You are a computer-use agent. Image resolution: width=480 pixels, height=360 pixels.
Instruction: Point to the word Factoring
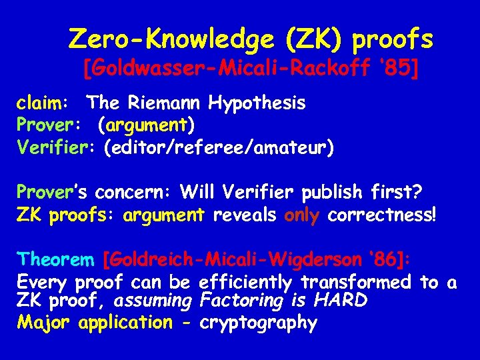(x=241, y=301)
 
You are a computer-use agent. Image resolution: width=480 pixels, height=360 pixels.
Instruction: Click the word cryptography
(x=259, y=323)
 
